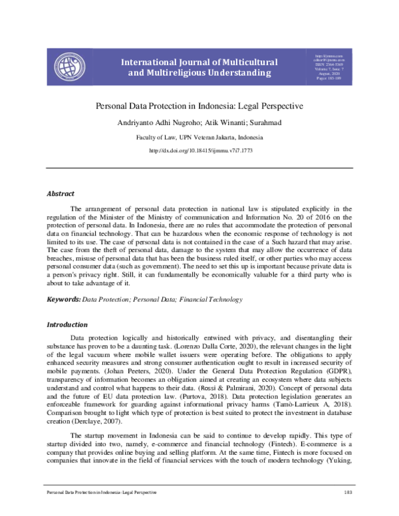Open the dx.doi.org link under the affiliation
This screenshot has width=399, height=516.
[199, 151]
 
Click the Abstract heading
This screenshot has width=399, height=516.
[60, 194]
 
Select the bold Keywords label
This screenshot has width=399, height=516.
[63, 300]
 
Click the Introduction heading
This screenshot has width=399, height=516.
[66, 325]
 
